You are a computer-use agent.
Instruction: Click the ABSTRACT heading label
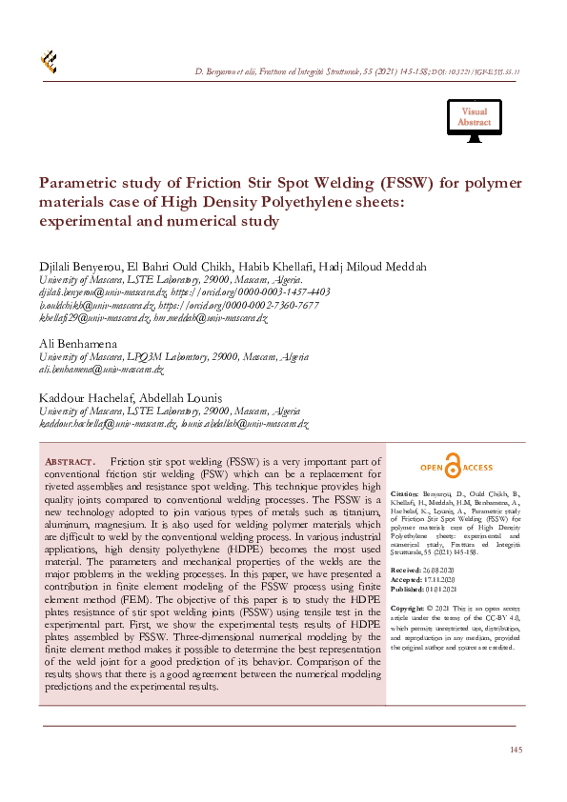point(71,462)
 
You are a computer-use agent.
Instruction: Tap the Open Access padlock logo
point(456,468)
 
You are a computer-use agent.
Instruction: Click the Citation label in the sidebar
point(405,494)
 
